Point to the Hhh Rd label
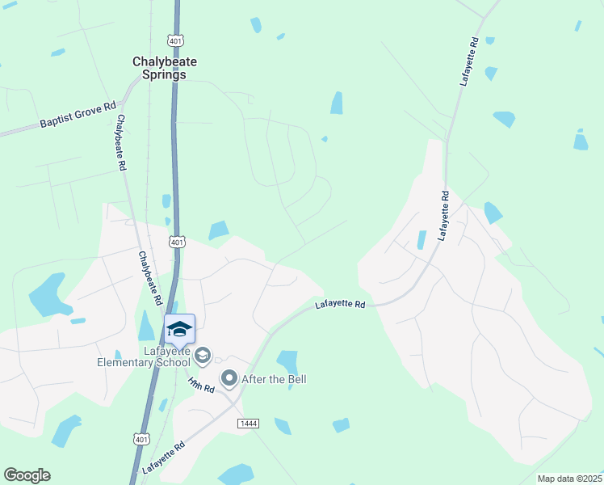tap(200, 384)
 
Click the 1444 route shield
tap(248, 424)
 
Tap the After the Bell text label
tap(274, 379)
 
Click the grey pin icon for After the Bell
tap(229, 377)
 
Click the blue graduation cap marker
tap(179, 328)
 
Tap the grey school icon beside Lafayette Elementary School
tap(203, 354)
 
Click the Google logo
tap(27, 475)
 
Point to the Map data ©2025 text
tap(568, 479)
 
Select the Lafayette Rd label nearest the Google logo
tap(163, 458)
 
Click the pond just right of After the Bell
tap(287, 361)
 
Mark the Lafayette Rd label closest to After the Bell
tap(340, 305)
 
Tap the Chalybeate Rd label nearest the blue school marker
tap(149, 278)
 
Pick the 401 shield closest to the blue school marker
tap(178, 242)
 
